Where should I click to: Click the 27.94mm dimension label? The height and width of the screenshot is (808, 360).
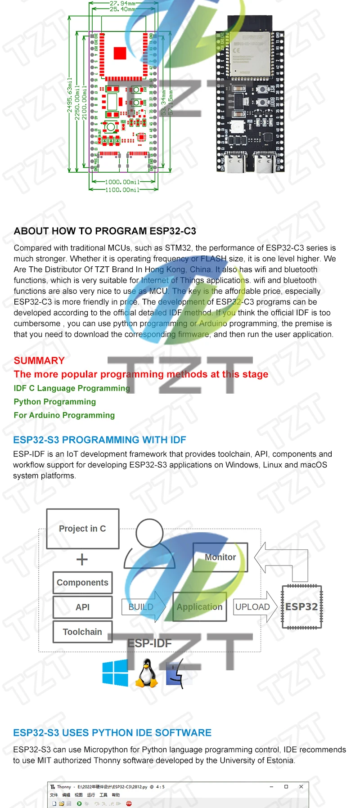[122, 3]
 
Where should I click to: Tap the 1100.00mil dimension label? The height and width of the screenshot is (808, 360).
[122, 190]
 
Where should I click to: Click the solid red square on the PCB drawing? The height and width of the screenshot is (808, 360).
[120, 53]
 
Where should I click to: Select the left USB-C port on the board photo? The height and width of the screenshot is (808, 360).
[235, 162]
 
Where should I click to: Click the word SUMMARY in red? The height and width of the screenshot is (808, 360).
[39, 360]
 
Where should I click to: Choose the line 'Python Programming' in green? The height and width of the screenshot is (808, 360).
[55, 402]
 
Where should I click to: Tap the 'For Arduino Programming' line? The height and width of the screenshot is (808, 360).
[64, 415]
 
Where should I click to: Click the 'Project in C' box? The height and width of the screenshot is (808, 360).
[83, 529]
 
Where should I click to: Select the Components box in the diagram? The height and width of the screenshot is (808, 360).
[82, 583]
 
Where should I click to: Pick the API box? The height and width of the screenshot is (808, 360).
[82, 607]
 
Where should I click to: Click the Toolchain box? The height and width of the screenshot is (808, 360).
[82, 632]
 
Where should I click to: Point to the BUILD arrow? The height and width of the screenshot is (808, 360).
[143, 607]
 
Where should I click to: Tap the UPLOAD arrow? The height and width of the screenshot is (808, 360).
[254, 607]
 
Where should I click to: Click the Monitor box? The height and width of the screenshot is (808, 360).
[220, 557]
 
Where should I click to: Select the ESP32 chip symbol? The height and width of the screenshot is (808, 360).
[301, 606]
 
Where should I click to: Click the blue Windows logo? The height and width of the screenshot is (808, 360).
[115, 673]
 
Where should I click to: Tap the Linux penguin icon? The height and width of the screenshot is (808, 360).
[147, 673]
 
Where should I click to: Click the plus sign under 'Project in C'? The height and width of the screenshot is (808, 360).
[82, 560]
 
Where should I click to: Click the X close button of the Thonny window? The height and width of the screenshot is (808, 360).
[301, 786]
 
